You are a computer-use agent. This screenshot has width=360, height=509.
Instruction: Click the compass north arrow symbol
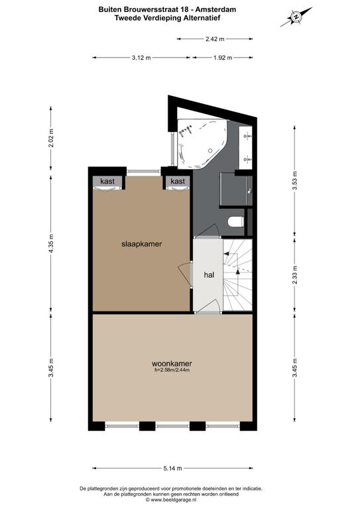(x=296, y=17)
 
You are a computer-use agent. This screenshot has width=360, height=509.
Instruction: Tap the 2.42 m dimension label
(x=215, y=39)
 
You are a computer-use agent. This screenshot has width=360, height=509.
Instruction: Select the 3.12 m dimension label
(x=141, y=58)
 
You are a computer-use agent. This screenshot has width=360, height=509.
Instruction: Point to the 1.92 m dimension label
(x=223, y=58)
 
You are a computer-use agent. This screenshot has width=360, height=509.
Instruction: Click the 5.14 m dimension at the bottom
(x=172, y=468)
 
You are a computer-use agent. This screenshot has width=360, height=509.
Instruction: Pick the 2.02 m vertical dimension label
(x=50, y=138)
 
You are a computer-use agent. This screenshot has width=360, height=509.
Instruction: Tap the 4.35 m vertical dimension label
(x=50, y=243)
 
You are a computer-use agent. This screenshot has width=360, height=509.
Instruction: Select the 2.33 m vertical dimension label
(x=295, y=274)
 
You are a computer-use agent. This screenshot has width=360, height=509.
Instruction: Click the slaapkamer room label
(x=141, y=244)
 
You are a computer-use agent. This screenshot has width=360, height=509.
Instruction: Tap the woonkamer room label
(x=172, y=364)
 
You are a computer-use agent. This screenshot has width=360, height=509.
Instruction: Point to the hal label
(x=209, y=275)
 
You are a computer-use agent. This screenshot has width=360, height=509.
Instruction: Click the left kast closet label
(x=107, y=181)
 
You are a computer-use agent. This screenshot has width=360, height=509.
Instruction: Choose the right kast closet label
(x=178, y=181)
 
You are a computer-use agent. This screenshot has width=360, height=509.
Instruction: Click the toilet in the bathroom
(x=236, y=222)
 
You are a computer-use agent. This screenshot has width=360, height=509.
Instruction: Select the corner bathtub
(x=202, y=143)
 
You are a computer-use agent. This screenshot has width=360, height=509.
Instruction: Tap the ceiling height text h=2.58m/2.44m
(x=172, y=370)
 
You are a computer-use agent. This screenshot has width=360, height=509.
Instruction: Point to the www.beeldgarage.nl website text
(x=174, y=500)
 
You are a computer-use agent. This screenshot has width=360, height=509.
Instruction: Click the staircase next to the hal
(x=237, y=275)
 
